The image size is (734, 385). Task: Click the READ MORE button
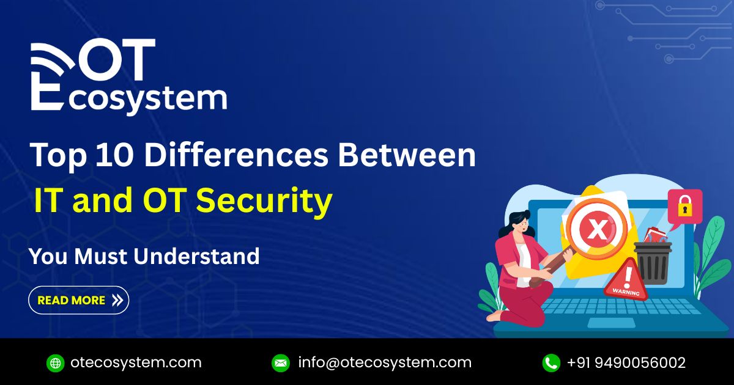coord(78,300)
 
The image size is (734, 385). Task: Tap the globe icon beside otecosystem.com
coord(56,363)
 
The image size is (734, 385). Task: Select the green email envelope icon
coord(281,363)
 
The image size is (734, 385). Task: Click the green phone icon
coord(551,363)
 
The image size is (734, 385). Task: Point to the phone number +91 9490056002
coord(626,362)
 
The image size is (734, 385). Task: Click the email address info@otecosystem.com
coord(385,362)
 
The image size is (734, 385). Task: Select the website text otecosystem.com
coord(136,362)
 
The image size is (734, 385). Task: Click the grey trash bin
coord(653,262)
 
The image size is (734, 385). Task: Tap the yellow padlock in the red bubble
coord(684,207)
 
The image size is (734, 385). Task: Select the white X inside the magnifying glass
coord(595,230)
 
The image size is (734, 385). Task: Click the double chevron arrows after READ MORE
coord(117,300)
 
